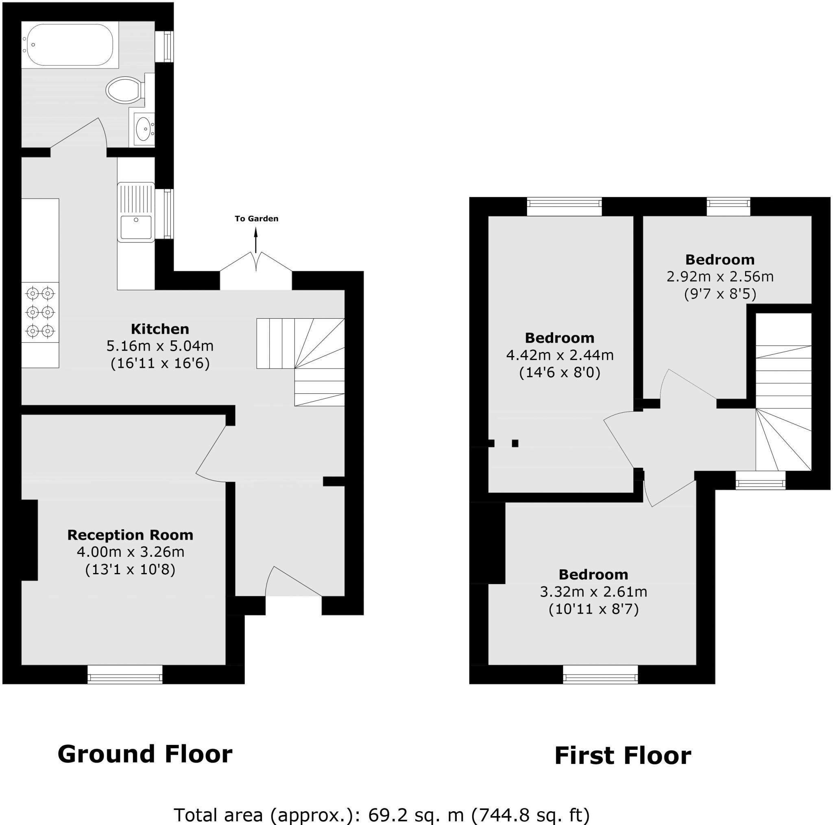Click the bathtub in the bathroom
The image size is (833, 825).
pos(69,45)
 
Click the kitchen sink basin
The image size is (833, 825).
pos(136,227)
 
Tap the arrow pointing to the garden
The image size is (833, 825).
pos(256,239)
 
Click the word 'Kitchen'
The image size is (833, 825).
pos(160,329)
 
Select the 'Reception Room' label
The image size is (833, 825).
pos(130,535)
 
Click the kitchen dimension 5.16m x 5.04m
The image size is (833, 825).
pos(160,345)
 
